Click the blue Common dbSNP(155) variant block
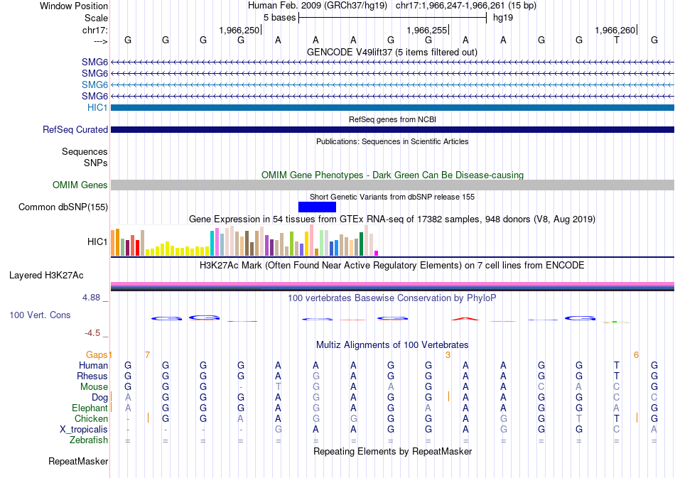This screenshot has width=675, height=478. click(317, 207)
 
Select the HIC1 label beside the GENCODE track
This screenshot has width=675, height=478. click(97, 107)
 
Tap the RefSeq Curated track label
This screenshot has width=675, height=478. click(75, 129)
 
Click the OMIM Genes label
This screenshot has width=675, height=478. click(80, 185)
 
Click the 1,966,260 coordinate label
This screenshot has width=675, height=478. click(615, 30)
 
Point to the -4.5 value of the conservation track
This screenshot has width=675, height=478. click(93, 332)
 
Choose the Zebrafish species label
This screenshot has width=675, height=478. click(89, 440)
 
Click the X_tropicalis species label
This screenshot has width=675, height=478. click(84, 430)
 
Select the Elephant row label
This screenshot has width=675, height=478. click(90, 408)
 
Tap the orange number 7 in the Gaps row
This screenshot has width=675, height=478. click(147, 354)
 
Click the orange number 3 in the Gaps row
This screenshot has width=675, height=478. click(448, 354)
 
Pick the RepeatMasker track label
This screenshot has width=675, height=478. click(78, 462)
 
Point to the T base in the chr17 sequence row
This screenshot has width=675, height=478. click(617, 40)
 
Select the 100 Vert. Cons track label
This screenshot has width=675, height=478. click(40, 314)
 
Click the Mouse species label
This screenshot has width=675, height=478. click(94, 387)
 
